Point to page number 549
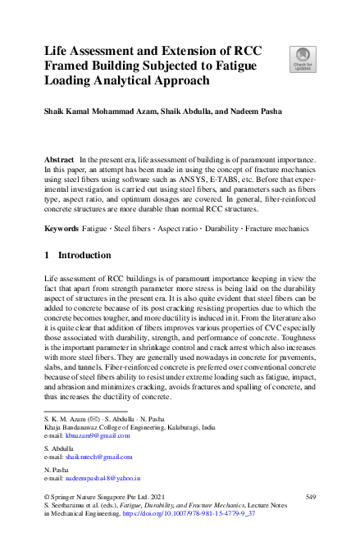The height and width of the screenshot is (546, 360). [310, 496]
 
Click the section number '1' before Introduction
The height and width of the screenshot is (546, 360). [46, 256]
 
